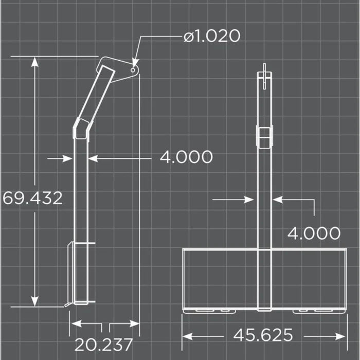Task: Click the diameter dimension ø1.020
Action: (211, 37)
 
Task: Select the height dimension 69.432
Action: (33, 198)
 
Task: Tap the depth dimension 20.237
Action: (104, 344)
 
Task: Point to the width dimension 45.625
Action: (263, 335)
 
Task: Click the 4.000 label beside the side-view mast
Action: (186, 157)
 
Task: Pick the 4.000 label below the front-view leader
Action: (314, 233)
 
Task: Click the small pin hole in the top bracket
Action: (133, 67)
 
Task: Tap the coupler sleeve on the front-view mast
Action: (264, 137)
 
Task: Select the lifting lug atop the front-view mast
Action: (264, 74)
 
